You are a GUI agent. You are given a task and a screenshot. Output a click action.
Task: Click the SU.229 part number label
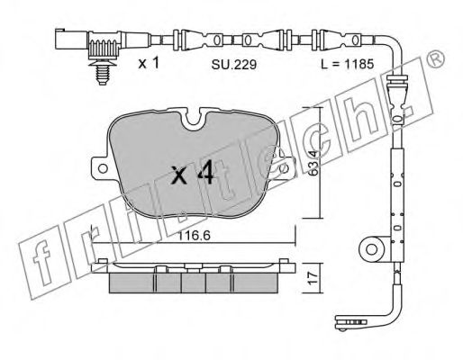point(234,64)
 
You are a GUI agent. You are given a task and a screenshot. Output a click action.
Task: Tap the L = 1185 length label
point(348,64)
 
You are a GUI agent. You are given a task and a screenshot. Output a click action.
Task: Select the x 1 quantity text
point(149,63)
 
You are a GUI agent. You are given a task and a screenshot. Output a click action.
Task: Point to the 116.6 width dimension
point(194,236)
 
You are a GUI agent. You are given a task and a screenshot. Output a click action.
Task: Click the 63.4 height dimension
point(313,163)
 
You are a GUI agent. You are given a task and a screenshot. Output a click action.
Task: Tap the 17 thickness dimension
point(313,278)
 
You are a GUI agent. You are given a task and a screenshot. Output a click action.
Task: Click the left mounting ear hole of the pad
point(103,168)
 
